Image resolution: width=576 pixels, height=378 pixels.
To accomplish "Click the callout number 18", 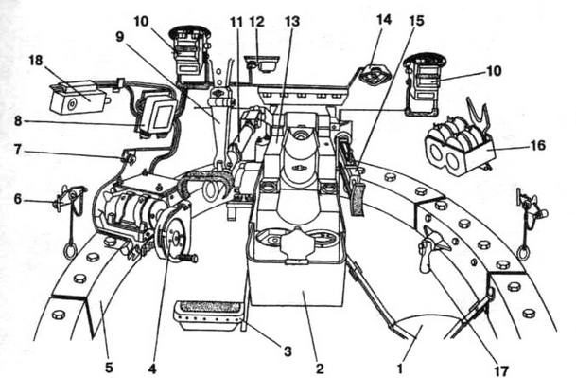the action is tap(36, 61).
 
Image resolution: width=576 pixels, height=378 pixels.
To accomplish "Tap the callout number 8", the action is tap(18, 120).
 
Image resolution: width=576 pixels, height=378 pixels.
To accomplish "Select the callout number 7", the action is tap(18, 150).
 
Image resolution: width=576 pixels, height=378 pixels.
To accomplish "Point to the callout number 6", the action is tap(18, 199).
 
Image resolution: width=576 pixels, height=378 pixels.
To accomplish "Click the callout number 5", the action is tap(109, 367).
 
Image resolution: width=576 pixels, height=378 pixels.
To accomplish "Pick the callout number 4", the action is tap(152, 367).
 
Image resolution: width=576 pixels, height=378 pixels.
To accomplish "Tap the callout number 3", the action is tap(288, 351).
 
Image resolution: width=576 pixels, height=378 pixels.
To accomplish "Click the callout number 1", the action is tap(400, 367).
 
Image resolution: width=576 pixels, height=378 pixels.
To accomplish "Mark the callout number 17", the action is tap(501, 369).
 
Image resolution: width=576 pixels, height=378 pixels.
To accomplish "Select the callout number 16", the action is tap(538, 145).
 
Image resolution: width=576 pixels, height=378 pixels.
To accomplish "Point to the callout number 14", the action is tap(384, 19).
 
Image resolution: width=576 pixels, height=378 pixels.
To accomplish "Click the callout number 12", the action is tap(257, 22).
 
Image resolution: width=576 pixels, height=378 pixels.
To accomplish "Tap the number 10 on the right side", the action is tap(494, 70).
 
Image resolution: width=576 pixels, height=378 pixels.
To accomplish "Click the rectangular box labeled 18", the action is tap(78, 98).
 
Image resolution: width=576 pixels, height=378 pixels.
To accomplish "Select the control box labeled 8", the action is tap(157, 115).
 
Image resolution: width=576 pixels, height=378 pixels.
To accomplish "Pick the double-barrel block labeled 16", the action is tap(460, 147).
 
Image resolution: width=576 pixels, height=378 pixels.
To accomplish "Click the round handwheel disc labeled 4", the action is tap(173, 234).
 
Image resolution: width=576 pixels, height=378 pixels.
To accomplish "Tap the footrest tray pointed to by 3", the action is tap(208, 315).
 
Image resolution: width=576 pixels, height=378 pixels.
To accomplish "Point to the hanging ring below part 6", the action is tap(70, 251).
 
